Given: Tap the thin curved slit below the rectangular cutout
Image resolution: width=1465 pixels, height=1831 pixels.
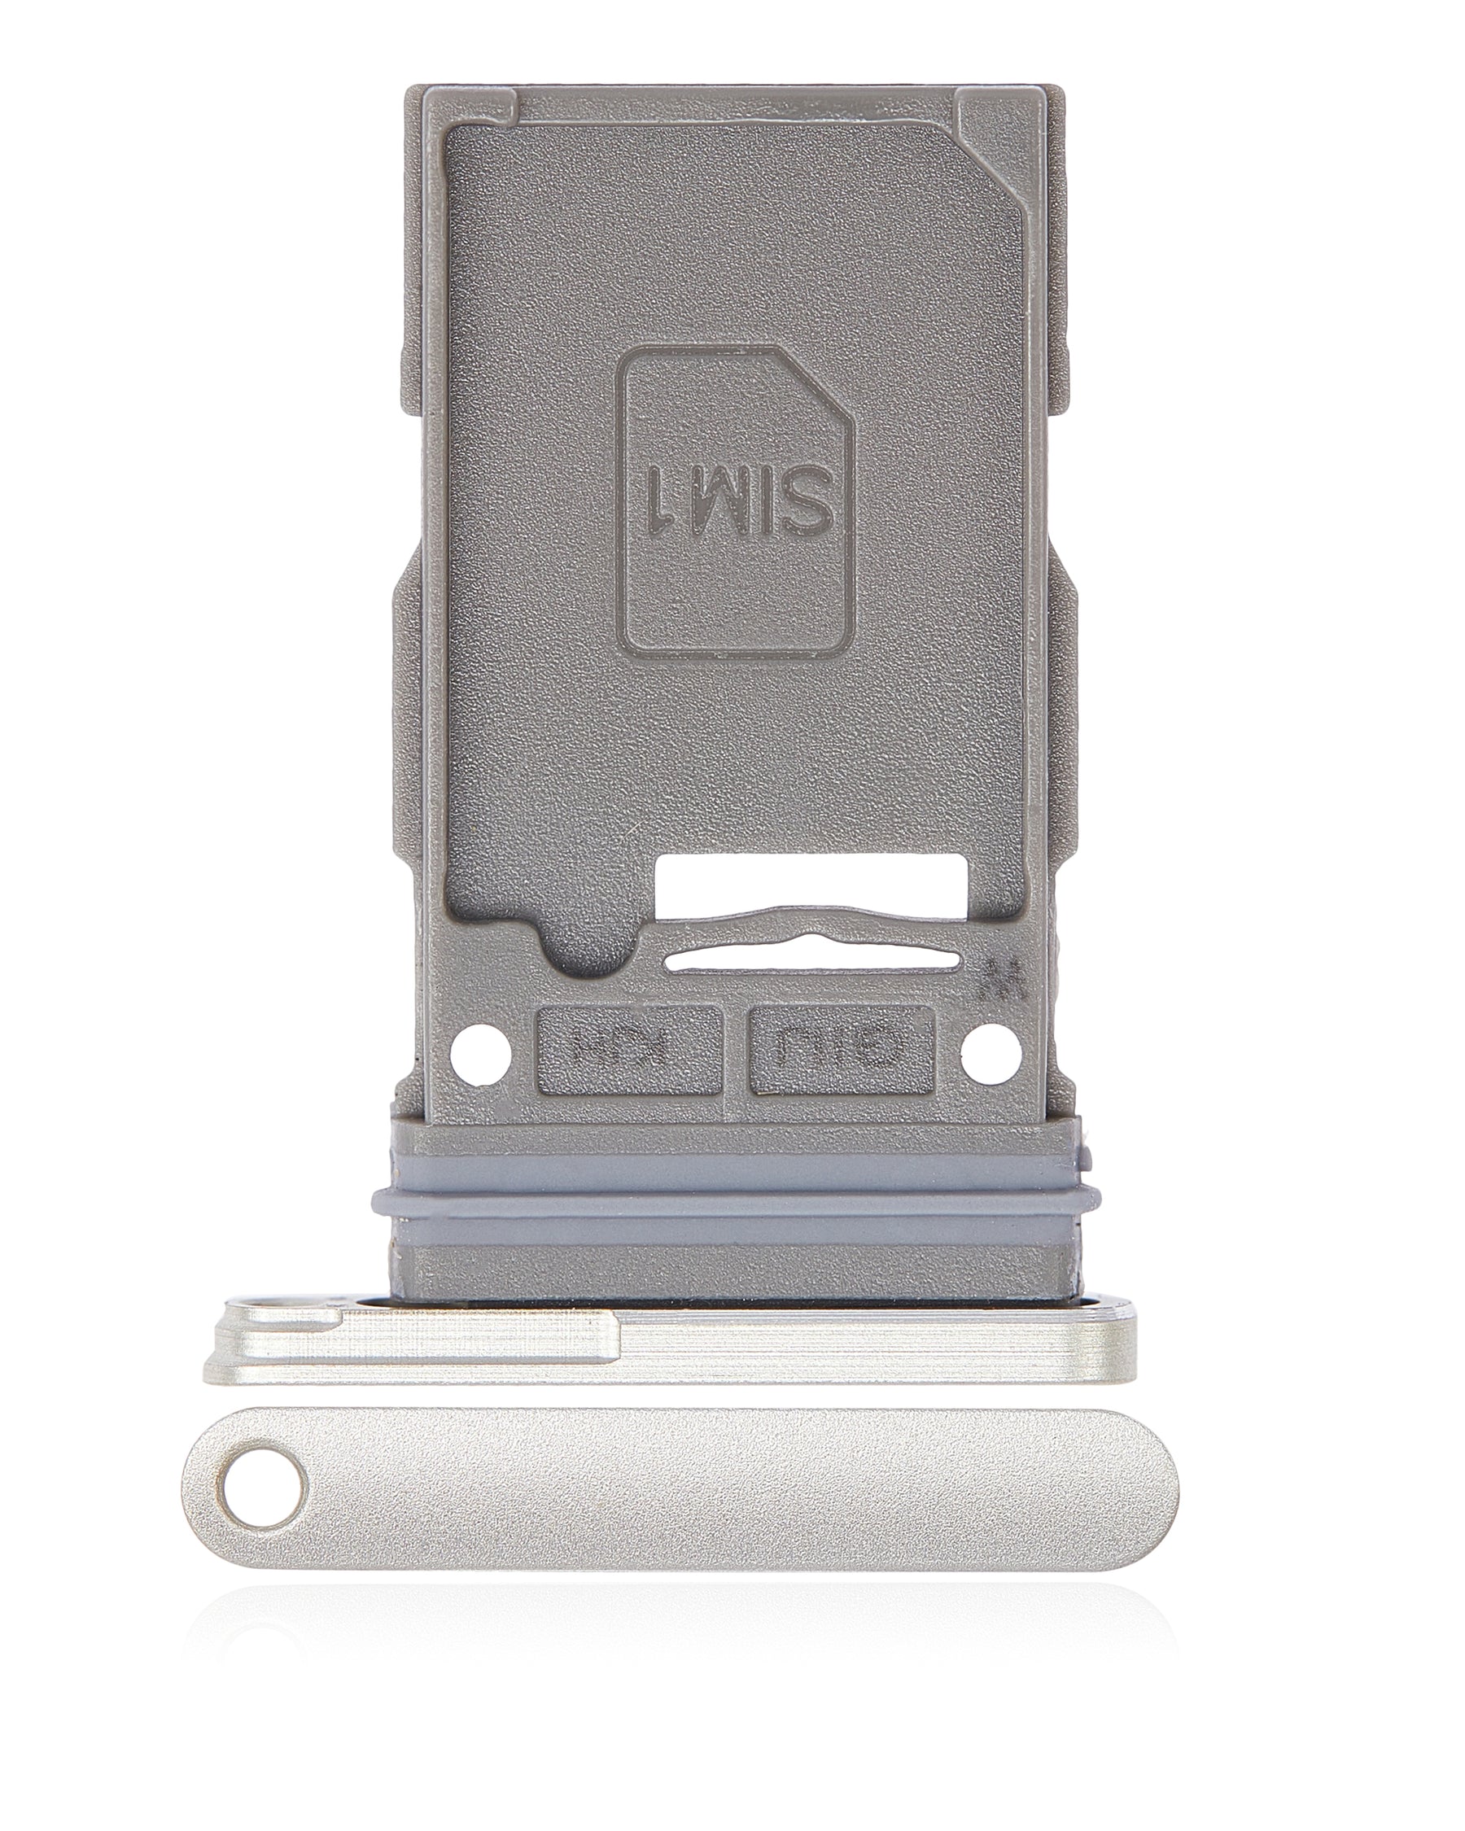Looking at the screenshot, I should tap(814, 961).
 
